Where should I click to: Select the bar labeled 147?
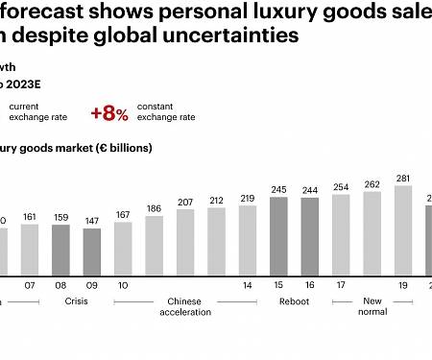click(91, 251)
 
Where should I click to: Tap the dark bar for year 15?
click(279, 235)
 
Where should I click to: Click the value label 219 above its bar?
click(248, 198)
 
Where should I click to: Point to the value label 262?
click(372, 184)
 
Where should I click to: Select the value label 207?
click(185, 202)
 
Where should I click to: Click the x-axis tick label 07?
click(29, 285)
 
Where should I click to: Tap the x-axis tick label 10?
click(123, 285)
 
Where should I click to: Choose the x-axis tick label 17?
click(341, 285)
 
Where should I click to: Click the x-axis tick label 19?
click(403, 285)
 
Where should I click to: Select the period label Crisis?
click(76, 301)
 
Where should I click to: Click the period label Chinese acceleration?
click(184, 306)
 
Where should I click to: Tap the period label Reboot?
click(294, 301)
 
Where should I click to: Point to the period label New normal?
click(372, 306)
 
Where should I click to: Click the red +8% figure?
click(109, 112)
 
